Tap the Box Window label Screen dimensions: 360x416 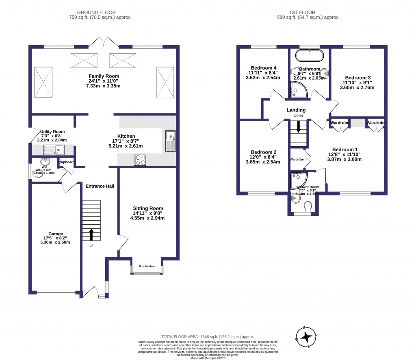click(x=147, y=266)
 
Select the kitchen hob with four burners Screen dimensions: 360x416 click(x=141, y=160)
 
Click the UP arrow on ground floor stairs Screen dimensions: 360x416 click(x=91, y=234)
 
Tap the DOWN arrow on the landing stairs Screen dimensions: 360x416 click(x=299, y=127)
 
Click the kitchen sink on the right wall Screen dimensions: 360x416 click(x=170, y=141)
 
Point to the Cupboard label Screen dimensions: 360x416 click(x=67, y=162)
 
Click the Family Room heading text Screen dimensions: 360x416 click(x=104, y=76)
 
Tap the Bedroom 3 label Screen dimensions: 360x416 click(x=358, y=78)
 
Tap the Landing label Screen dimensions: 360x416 click(x=296, y=110)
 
